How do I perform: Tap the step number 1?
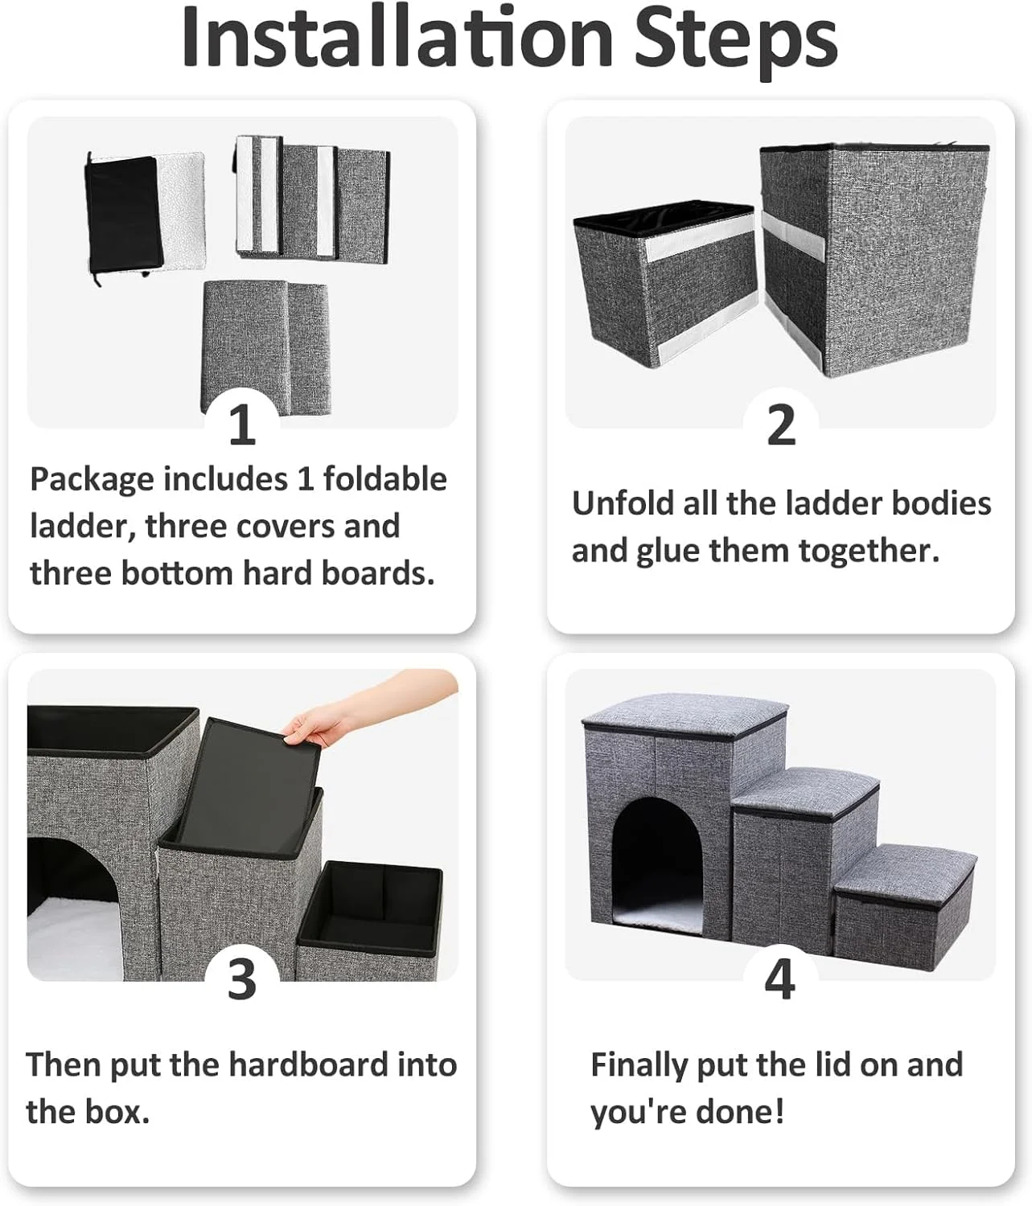click(242, 425)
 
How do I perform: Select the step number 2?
click(781, 425)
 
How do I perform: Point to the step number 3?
click(241, 978)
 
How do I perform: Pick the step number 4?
click(780, 978)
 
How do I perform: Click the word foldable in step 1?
click(384, 479)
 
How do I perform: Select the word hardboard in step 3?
click(308, 1064)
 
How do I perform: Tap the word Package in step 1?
click(92, 480)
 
